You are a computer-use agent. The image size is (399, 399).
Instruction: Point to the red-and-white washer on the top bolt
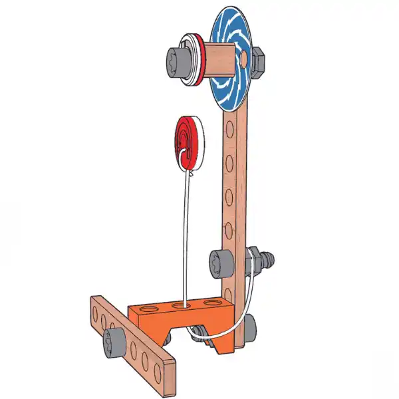tap(197, 60)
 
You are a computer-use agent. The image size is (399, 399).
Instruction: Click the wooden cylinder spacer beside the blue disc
tap(219, 58)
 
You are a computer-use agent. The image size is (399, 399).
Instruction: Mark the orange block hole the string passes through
tap(181, 305)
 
